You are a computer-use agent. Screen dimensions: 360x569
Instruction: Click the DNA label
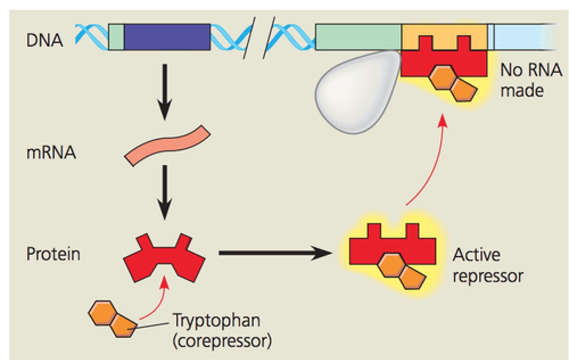(x=45, y=40)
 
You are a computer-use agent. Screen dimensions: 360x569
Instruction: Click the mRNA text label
(x=51, y=153)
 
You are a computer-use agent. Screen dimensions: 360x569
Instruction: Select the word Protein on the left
(x=53, y=254)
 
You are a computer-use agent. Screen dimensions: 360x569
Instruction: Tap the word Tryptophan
(x=217, y=321)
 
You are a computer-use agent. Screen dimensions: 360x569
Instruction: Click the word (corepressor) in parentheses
(x=222, y=341)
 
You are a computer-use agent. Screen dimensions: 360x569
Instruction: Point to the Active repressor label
(x=487, y=265)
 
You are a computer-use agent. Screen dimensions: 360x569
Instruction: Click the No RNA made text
(x=530, y=80)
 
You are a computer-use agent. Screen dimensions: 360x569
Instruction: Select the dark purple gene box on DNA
(x=167, y=37)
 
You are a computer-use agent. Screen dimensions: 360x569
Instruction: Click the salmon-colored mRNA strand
(x=167, y=145)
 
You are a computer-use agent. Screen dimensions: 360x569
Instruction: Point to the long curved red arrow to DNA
(x=431, y=161)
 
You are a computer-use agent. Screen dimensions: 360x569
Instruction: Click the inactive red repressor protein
(x=164, y=258)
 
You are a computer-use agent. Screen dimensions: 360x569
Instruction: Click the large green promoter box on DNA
(x=358, y=37)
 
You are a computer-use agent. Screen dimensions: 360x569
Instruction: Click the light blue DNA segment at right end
(x=524, y=37)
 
